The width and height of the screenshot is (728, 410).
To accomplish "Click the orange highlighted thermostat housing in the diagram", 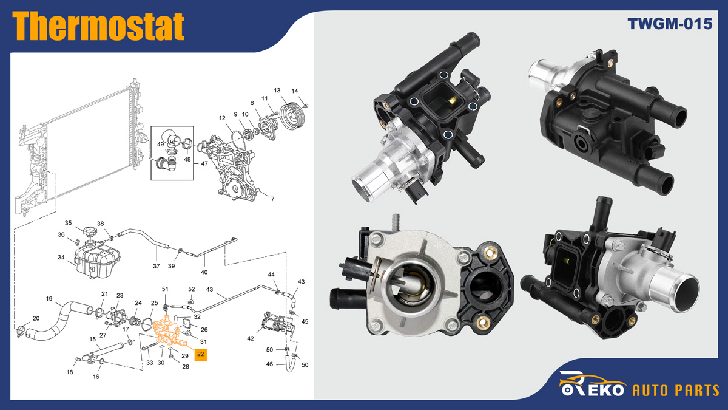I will (170, 331).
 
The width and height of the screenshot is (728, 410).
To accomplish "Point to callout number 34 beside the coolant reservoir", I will (61, 258).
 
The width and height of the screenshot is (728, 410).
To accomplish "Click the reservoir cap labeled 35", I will (90, 232).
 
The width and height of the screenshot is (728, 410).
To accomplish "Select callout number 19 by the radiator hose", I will (50, 298).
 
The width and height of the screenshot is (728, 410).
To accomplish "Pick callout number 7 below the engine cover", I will (272, 199).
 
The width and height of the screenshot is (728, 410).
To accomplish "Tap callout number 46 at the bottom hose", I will (270, 364).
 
